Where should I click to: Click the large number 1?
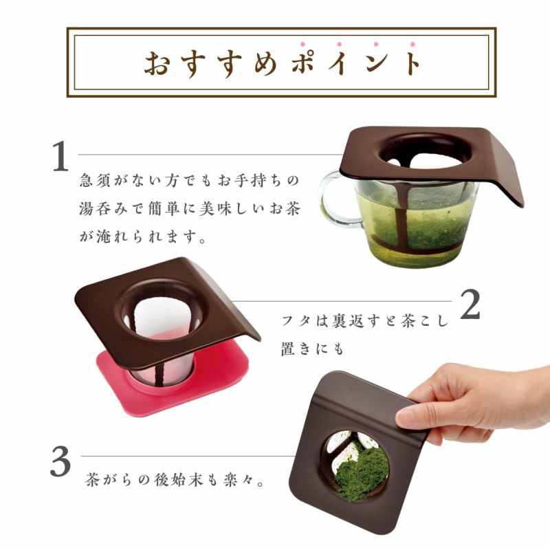pyautogui.click(x=60, y=156)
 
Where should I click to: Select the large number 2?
pyautogui.click(x=470, y=304)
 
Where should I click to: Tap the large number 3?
pyautogui.click(x=60, y=461)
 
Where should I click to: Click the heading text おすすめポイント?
pyautogui.click(x=283, y=63)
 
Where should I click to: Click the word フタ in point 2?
pyautogui.click(x=296, y=320)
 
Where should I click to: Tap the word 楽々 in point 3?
pyautogui.click(x=238, y=480)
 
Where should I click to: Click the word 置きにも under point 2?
pyautogui.click(x=312, y=349)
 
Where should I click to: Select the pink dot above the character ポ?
pyautogui.click(x=302, y=45)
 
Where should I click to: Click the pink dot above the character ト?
pyautogui.click(x=412, y=45)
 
